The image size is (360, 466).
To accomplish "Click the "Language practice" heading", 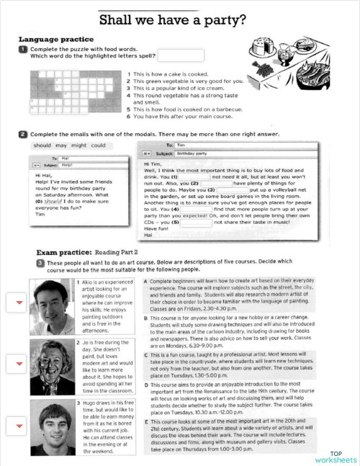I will [55, 39].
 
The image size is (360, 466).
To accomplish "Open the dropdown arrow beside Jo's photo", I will [17, 364].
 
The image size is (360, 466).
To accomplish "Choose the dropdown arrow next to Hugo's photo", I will [17, 425].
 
